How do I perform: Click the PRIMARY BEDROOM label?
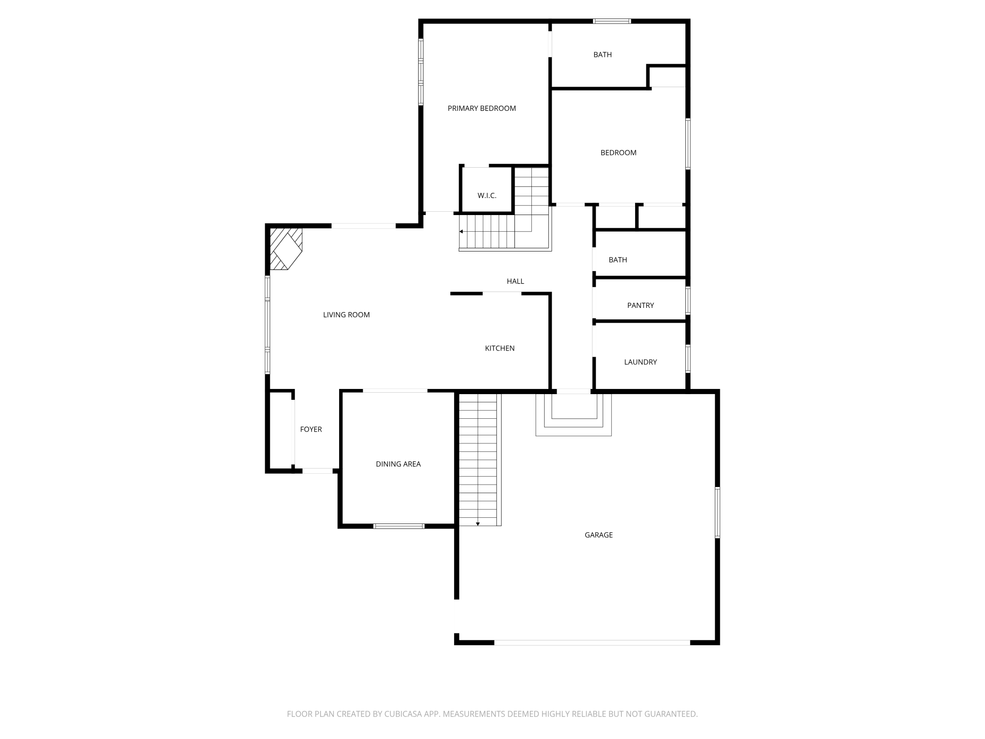482,108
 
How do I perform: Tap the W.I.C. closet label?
487,196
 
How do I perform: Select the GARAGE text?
599,535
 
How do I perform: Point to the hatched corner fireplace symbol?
286,249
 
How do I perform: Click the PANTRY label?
640,306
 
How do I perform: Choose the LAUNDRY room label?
640,362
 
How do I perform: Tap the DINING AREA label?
398,464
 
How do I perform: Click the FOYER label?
311,429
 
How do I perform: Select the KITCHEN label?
500,348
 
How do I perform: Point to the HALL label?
515,281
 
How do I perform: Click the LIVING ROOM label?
346,315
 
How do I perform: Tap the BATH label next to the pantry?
618,260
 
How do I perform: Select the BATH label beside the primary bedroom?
602,54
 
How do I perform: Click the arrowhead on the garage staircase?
478,523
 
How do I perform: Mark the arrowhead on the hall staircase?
461,232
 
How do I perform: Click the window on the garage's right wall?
717,512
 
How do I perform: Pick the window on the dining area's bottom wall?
399,526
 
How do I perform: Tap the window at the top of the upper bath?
612,21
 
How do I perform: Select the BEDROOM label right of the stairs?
618,153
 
